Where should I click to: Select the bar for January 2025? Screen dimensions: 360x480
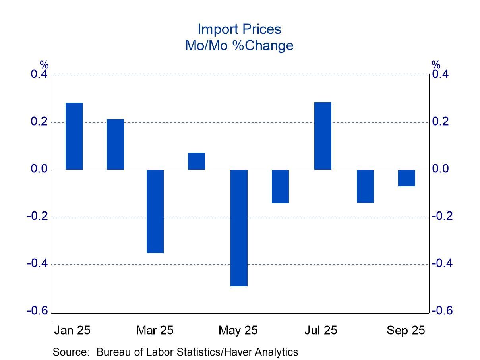[74, 136]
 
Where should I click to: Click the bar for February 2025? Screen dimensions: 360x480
[115, 144]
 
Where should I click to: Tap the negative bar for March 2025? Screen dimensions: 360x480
[155, 211]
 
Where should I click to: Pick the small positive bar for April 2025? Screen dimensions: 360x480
[196, 161]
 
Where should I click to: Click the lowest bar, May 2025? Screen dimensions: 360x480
[239, 228]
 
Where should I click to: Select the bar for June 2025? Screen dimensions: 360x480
[280, 186]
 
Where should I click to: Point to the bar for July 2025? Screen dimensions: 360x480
[322, 136]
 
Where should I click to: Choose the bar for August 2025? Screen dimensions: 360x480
[365, 186]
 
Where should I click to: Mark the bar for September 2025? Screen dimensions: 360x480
[406, 178]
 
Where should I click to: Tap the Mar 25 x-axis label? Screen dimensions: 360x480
[155, 330]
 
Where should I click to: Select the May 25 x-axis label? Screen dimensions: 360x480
[238, 330]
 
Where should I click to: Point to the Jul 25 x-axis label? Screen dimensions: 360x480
[321, 330]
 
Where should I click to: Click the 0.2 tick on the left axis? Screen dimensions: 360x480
[39, 122]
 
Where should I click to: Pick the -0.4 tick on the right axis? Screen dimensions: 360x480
[442, 263]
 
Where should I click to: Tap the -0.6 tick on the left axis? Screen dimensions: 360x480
[37, 311]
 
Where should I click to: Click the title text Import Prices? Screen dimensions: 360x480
[239, 29]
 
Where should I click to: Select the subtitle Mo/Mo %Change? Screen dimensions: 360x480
[239, 46]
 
